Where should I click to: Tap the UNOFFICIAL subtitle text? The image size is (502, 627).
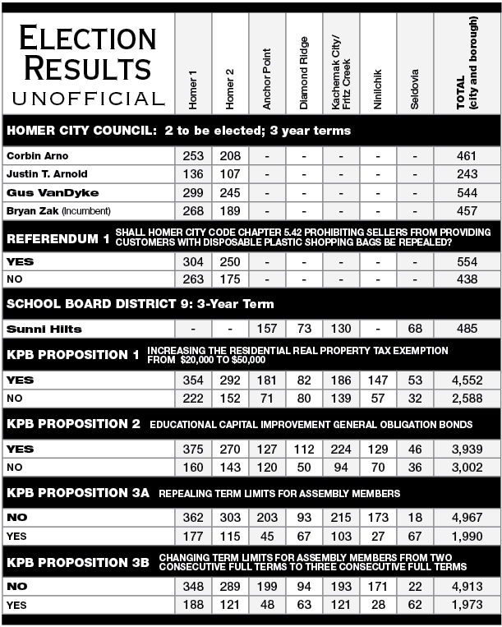[x=88, y=99]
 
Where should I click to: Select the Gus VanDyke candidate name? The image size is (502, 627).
[x=41, y=192]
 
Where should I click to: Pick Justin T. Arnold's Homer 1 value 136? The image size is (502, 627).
[x=192, y=174]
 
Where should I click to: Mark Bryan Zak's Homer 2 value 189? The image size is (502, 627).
[x=229, y=210]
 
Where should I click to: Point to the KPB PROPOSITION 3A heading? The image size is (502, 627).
[x=78, y=493]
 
